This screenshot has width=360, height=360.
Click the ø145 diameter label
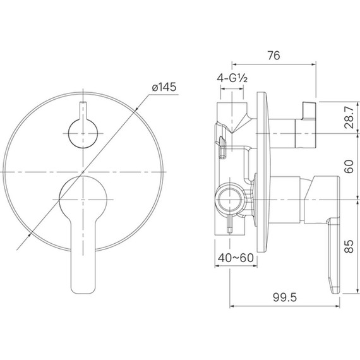(164, 87)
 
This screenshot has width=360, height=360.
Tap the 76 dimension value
(273, 56)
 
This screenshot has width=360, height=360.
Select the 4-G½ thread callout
(232, 78)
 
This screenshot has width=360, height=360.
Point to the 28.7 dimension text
(349, 117)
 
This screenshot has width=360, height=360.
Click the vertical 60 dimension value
(349, 167)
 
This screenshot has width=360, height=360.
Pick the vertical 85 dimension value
(349, 246)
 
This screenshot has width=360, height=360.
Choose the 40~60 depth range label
(236, 258)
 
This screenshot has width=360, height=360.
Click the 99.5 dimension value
(285, 297)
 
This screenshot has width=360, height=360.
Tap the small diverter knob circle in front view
(83, 134)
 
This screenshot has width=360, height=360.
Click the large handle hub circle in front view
(83, 200)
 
